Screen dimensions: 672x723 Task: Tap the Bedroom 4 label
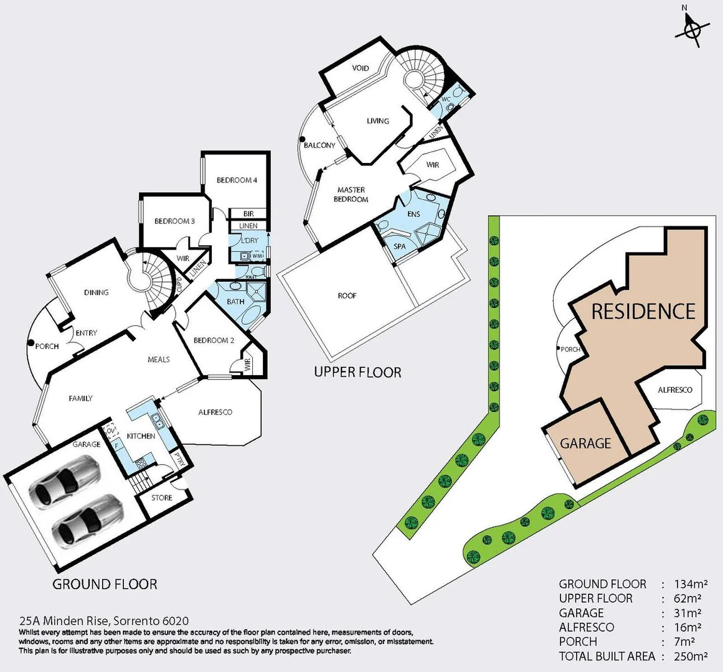(x=237, y=180)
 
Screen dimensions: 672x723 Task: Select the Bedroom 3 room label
(x=174, y=222)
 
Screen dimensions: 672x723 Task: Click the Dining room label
(x=97, y=292)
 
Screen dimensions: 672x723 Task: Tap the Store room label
(x=162, y=498)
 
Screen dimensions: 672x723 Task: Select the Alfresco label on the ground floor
(x=215, y=413)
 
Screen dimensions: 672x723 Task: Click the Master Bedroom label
(x=351, y=195)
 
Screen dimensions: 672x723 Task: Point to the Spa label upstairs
(x=400, y=246)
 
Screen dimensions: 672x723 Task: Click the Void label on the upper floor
(x=361, y=68)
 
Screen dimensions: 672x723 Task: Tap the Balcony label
(x=319, y=146)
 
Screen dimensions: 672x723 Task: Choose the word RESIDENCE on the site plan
(x=643, y=311)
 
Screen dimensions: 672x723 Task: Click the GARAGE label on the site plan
(x=585, y=444)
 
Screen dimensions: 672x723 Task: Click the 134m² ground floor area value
(x=689, y=584)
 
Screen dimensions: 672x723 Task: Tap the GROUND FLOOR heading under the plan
(x=105, y=584)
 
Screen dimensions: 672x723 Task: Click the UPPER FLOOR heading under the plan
(x=357, y=373)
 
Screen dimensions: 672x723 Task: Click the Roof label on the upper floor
(x=347, y=296)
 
